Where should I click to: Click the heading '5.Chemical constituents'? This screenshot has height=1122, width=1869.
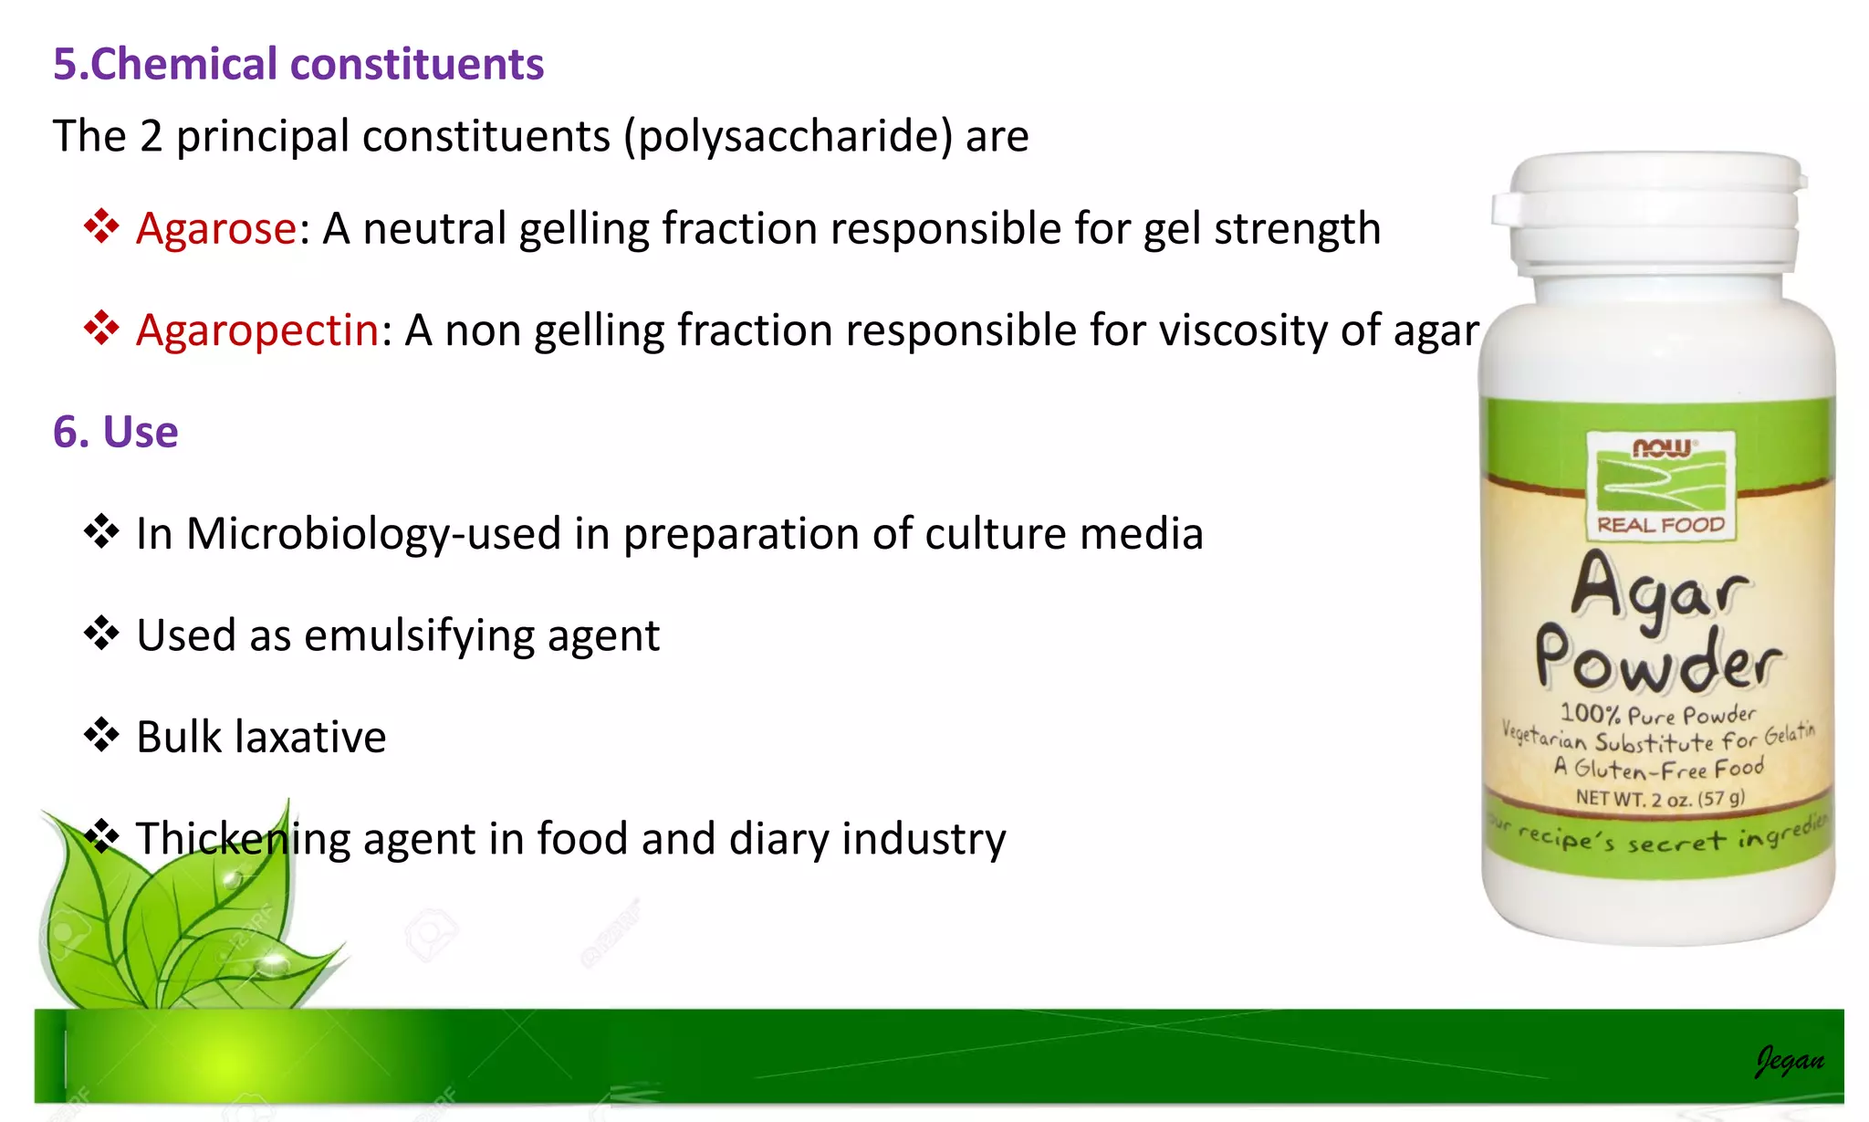[298, 65]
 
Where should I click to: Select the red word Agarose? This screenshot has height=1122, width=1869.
[216, 228]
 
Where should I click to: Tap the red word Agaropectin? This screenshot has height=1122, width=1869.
[257, 330]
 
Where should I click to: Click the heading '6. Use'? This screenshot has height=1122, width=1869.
[116, 432]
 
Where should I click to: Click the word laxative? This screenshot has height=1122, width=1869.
[310, 737]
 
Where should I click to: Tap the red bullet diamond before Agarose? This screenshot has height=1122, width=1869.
[101, 225]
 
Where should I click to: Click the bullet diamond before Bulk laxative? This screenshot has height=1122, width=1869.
[101, 734]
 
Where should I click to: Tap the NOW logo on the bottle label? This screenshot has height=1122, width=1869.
[1661, 448]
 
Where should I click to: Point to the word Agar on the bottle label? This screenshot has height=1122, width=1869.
[1659, 592]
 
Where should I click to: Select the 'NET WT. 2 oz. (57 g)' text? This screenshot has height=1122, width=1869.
[1660, 799]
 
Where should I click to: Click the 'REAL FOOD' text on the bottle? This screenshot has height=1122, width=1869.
[1661, 525]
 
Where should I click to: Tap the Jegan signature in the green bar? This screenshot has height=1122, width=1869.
[1790, 1061]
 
